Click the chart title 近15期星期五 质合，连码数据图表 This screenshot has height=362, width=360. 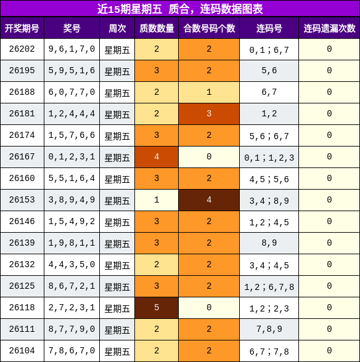[180, 9]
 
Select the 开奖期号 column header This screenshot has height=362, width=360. [22, 28]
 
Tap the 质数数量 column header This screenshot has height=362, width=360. [157, 28]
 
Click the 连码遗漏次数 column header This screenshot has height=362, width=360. [329, 28]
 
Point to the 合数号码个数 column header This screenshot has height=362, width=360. [209, 28]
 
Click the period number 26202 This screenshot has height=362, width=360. [22, 49]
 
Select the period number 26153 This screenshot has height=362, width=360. [22, 199]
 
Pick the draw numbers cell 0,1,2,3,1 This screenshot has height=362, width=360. [72, 157]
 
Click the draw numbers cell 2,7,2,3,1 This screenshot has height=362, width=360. [72, 308]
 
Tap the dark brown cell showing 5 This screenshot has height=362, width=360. [157, 308]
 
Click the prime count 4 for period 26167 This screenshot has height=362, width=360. [157, 157]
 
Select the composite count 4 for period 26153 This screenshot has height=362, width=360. [209, 199]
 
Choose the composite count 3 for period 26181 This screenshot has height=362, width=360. [209, 113]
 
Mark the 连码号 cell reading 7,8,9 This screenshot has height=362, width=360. [269, 329]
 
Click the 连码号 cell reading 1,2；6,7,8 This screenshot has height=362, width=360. [269, 286]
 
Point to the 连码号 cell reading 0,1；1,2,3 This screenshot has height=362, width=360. [269, 157]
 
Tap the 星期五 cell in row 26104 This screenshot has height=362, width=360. [117, 352]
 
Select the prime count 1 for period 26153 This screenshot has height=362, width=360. [157, 199]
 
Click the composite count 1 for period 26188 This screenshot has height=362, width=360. [209, 92]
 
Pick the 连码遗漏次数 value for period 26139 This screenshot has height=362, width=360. [329, 243]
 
